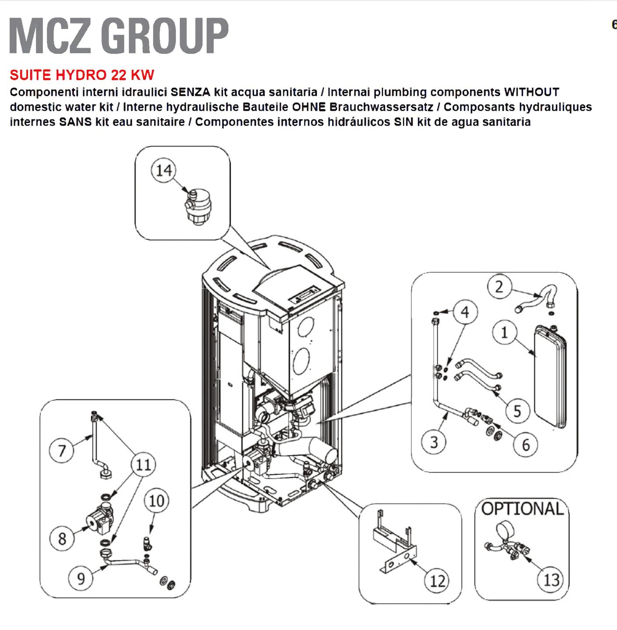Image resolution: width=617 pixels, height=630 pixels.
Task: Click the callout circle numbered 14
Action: (164, 170)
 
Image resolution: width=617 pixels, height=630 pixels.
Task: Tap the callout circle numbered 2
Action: (499, 287)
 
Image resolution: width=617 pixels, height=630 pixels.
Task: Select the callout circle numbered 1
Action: (505, 332)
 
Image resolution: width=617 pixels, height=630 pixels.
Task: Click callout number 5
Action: (517, 411)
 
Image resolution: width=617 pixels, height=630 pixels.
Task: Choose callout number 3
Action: (434, 442)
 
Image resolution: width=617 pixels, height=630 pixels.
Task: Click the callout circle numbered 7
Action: (62, 450)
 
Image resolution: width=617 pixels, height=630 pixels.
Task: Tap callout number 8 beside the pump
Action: (62, 539)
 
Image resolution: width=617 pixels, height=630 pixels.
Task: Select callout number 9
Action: (81, 578)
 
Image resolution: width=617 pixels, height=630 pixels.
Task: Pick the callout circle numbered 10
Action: (156, 500)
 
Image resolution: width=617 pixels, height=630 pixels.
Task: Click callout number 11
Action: (143, 465)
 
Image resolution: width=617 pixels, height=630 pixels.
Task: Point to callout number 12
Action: (437, 581)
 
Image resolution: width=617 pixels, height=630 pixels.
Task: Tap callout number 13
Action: (551, 580)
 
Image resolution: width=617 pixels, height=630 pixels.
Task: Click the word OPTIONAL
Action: (522, 509)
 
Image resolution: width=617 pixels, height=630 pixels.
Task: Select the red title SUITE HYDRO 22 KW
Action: (82, 75)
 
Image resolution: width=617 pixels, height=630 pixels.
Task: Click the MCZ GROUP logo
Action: (119, 35)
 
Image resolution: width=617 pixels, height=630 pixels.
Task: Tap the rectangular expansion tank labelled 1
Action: (550, 376)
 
